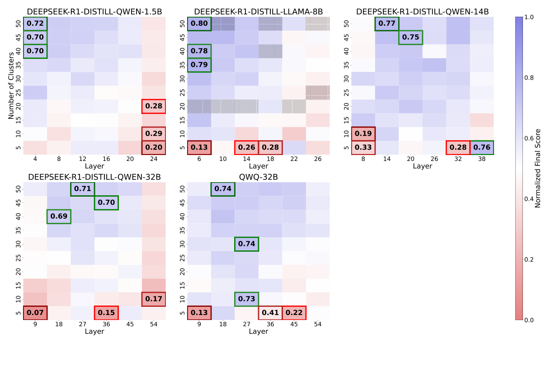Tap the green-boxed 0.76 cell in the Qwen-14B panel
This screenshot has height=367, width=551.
[481, 148]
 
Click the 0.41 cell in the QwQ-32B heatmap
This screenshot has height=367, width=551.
[270, 313]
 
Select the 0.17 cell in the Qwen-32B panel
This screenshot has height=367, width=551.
[153, 299]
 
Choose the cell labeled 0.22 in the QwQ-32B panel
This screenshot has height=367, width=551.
[294, 313]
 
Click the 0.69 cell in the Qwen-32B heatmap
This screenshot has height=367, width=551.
[59, 216]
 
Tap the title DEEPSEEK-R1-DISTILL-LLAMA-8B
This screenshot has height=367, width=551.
[259, 12]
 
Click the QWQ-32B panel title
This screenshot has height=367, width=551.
[259, 177]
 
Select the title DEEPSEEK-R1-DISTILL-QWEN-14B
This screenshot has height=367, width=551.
[422, 12]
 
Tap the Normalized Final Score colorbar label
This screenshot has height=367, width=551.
[538, 168]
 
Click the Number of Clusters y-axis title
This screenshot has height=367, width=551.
[11, 86]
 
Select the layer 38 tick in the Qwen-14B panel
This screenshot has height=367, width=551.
[481, 159]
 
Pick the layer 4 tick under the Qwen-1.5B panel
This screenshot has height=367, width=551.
[35, 159]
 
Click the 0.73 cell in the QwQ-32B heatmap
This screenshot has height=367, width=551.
[247, 299]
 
